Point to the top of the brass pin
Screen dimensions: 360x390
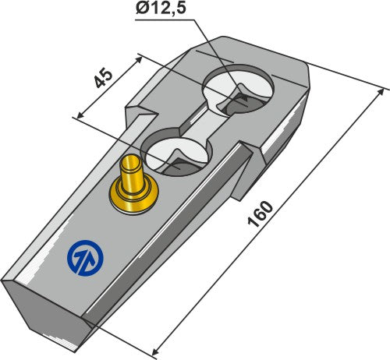pos(132,164)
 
